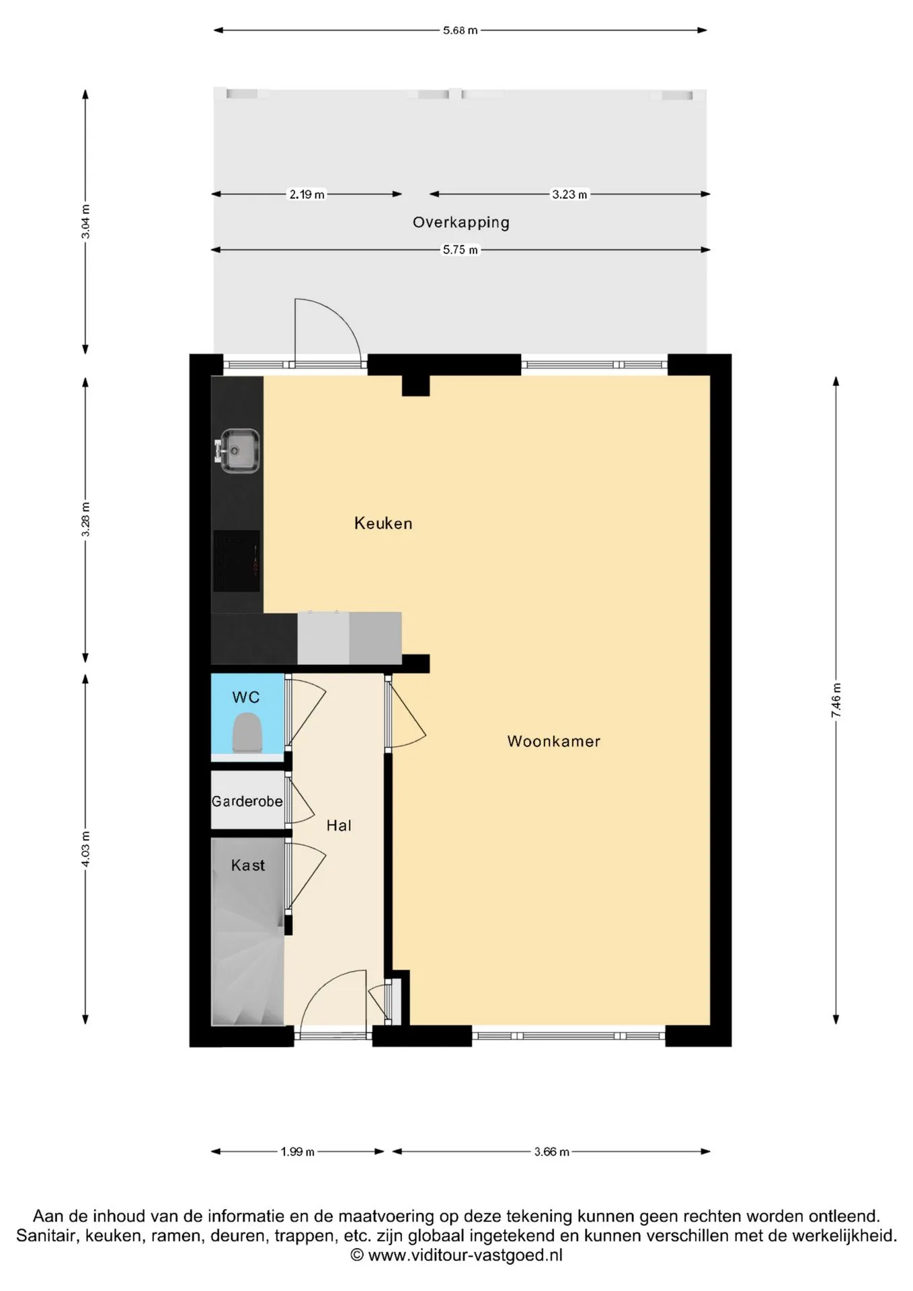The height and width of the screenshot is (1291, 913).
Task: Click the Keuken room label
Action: click(383, 523)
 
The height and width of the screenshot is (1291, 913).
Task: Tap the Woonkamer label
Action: click(553, 741)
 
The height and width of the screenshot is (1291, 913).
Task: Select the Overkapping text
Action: click(461, 223)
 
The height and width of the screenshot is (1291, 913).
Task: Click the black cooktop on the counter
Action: click(237, 561)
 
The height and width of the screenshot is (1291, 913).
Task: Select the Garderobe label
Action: click(247, 801)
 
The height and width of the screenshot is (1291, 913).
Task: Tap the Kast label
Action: click(248, 865)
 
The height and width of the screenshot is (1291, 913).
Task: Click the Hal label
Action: click(339, 826)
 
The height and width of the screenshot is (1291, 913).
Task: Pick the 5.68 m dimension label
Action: click(461, 30)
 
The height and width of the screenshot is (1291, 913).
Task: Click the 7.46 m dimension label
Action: click(836, 701)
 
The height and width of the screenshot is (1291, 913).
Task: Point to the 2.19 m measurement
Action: click(307, 194)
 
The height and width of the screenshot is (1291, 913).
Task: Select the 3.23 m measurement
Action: click(569, 194)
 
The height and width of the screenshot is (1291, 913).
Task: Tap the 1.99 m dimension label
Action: click(297, 1152)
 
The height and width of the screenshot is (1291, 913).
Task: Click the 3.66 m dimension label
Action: click(551, 1152)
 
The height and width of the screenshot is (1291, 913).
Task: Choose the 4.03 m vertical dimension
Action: click(85, 849)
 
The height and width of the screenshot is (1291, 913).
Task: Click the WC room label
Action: click(246, 697)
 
